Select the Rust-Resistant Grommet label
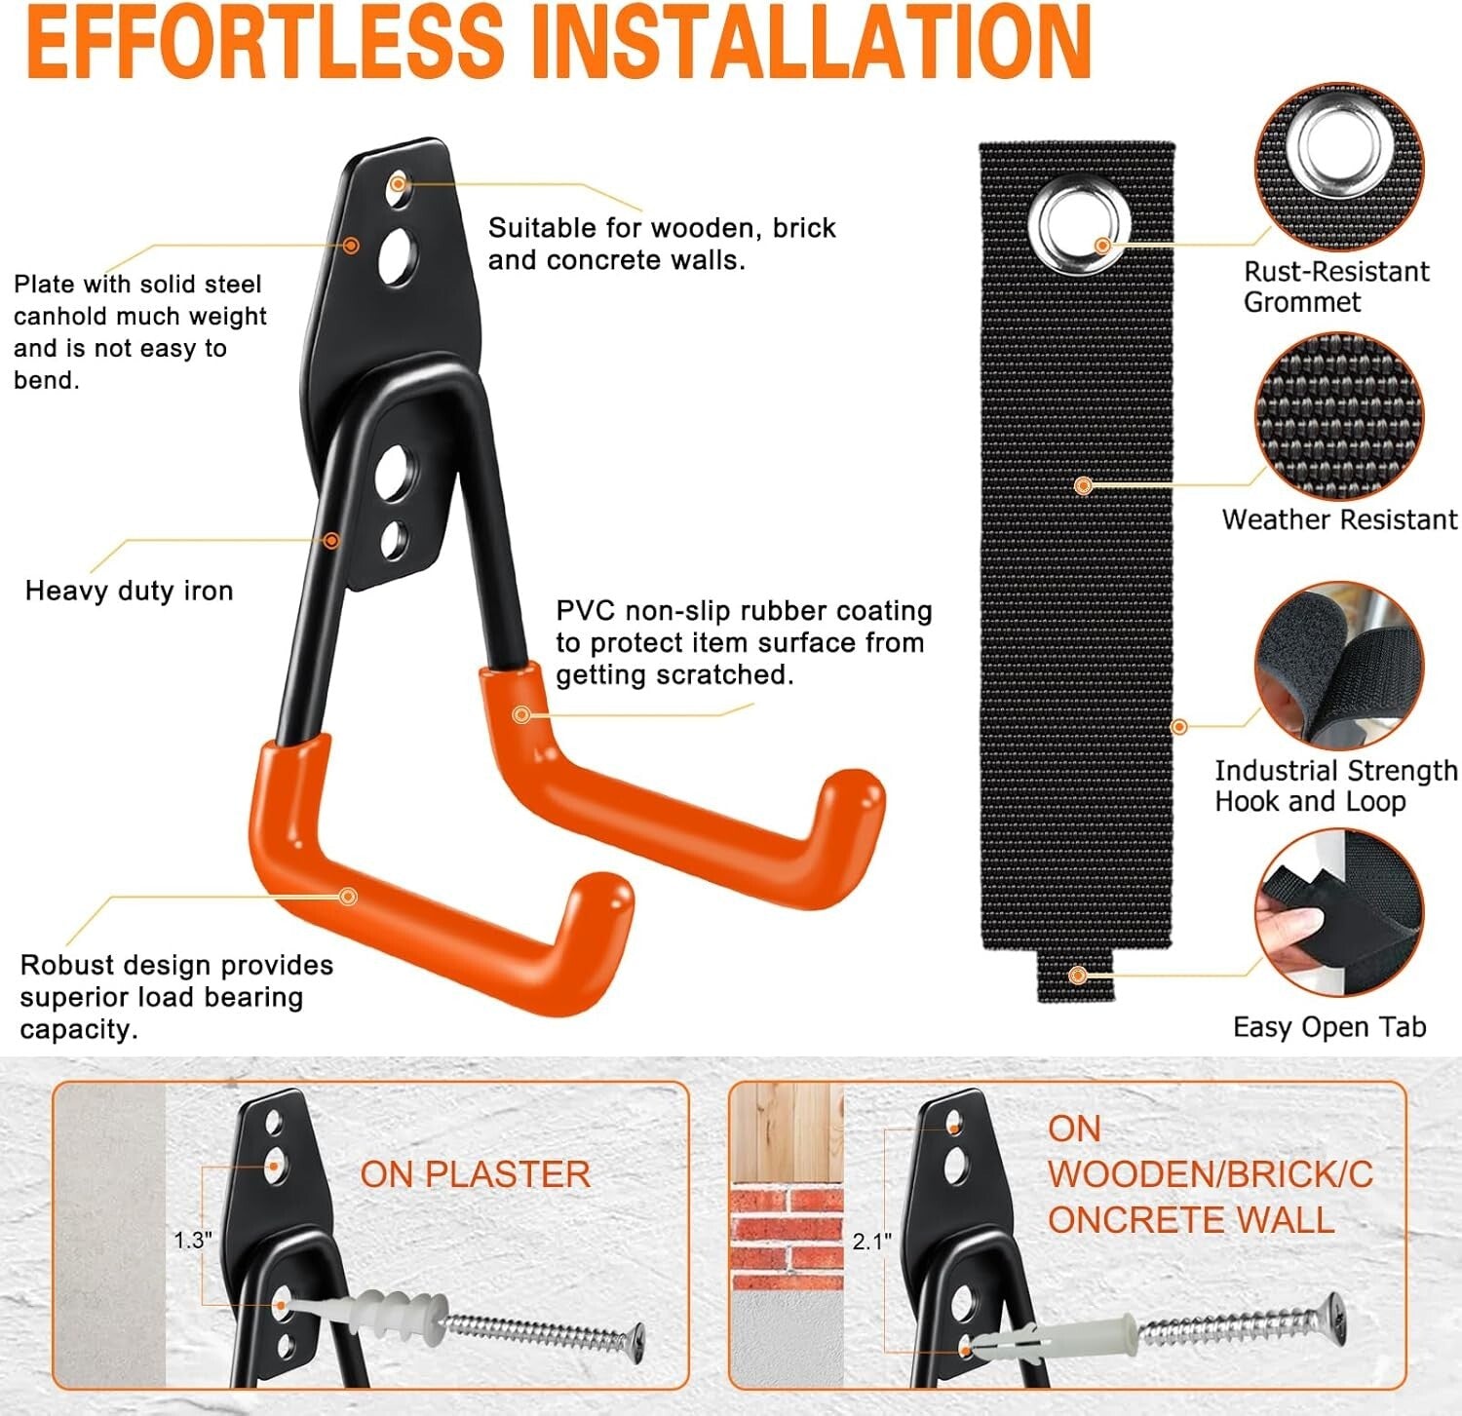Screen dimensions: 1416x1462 point(1335,287)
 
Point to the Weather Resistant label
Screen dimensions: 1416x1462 point(1339,519)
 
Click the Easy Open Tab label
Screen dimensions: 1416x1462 point(1328,1027)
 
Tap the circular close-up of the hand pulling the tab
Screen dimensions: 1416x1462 point(1339,913)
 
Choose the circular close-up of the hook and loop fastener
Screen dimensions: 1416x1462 point(1339,667)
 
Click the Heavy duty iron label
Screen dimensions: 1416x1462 point(129,591)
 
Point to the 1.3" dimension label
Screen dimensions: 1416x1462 point(192,1240)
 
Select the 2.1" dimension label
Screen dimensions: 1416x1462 point(871,1242)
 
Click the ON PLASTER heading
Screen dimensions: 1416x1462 point(475,1174)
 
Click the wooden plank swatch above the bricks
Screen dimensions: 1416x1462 point(786,1130)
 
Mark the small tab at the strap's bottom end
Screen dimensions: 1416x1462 point(1076,976)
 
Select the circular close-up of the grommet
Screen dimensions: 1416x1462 point(1339,167)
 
